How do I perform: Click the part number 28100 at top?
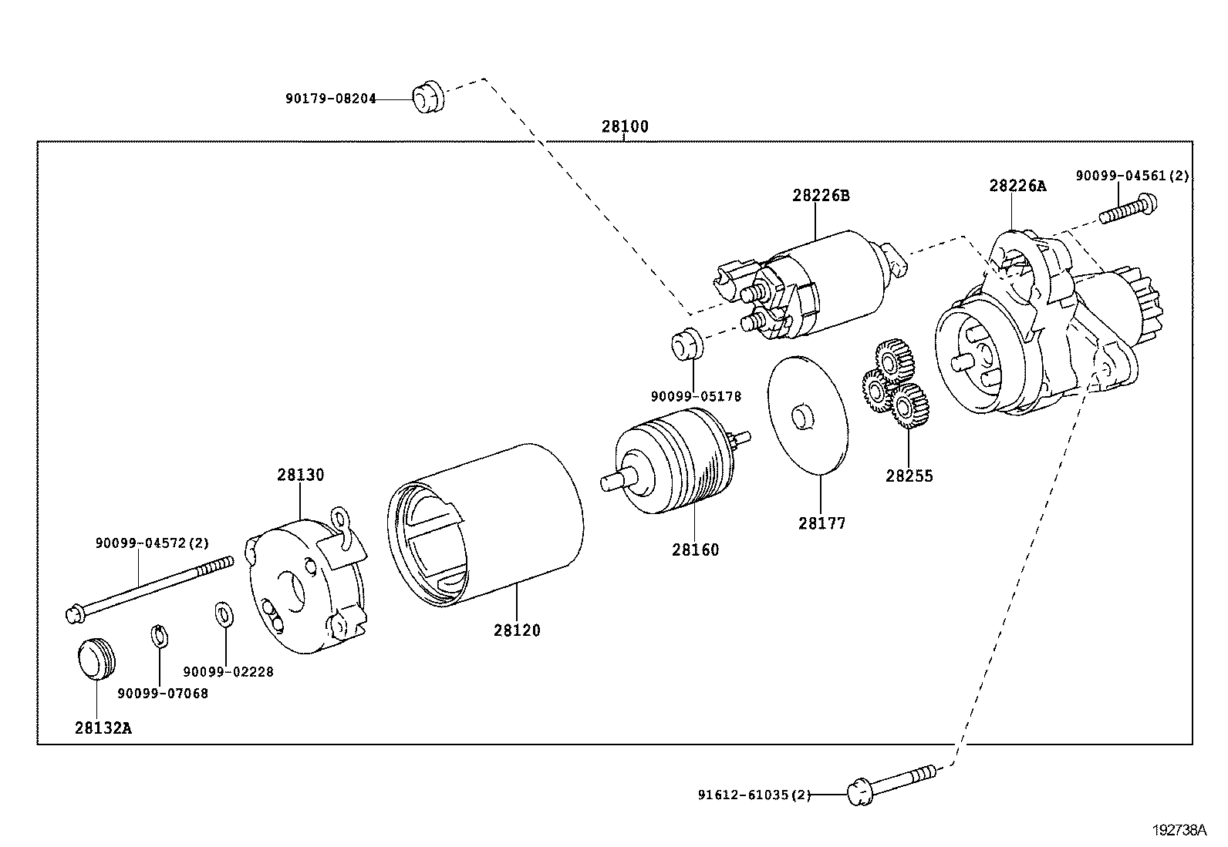625,127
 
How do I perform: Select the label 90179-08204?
330,99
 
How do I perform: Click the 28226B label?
820,196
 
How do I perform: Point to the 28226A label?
1017,186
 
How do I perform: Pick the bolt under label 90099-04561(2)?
1128,209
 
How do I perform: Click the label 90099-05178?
695,397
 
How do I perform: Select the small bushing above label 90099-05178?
687,343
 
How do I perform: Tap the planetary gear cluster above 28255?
895,385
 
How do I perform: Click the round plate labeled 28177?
807,414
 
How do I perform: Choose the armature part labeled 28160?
675,467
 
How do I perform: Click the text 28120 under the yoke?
517,630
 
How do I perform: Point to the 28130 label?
301,475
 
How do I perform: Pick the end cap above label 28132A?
96,658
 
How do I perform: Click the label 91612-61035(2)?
754,795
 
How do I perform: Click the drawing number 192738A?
1179,831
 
